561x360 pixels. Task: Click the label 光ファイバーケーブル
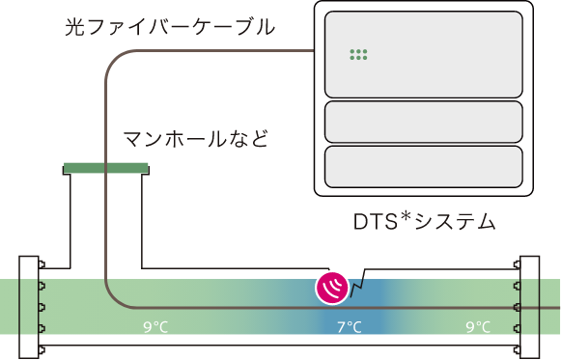[169, 27]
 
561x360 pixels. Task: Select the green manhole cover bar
[106, 169]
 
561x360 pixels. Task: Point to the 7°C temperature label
[350, 327]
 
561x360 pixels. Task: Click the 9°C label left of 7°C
[155, 327]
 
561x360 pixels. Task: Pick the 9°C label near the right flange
[478, 327]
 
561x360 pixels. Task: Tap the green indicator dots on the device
[358, 55]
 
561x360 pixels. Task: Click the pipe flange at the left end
[29, 307]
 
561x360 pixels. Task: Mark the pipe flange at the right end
[529, 307]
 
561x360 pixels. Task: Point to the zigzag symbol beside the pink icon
[357, 285]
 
